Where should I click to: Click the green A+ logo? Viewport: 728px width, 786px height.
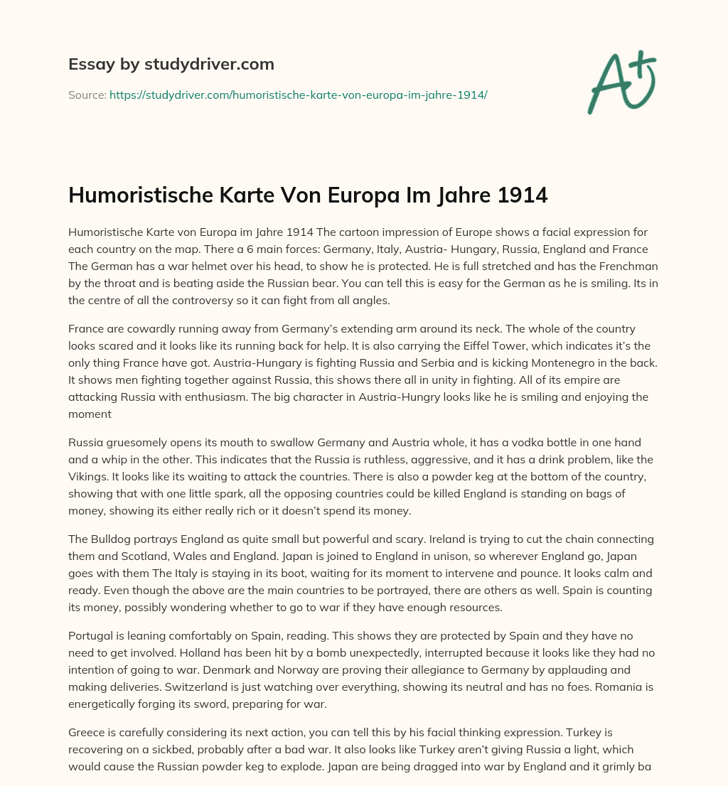pos(621,82)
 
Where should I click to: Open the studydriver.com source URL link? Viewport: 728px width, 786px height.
pos(298,95)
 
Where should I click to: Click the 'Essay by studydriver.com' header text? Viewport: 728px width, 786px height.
pos(171,64)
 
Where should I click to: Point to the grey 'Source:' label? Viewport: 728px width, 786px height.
pos(87,95)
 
